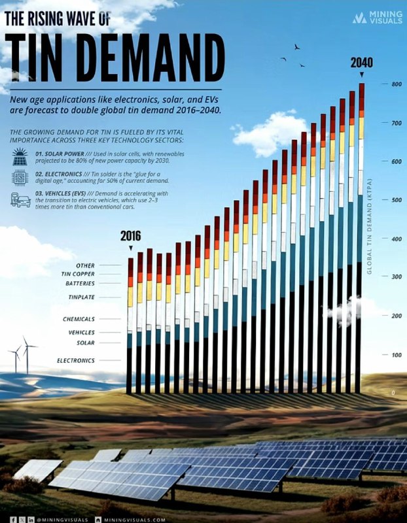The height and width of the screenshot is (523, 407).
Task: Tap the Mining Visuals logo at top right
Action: click(378, 18)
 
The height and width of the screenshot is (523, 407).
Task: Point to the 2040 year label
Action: click(361, 63)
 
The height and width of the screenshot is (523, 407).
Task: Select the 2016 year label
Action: click(130, 237)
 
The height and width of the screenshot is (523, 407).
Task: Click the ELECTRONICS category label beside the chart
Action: click(76, 360)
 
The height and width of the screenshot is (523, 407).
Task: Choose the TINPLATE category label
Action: click(82, 297)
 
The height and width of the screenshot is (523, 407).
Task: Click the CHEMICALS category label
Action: click(79, 319)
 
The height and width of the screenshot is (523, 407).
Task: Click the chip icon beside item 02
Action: click(20, 178)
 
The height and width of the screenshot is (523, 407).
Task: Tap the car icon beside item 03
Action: click(20, 200)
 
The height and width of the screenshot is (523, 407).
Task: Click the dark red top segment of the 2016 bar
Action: click(130, 267)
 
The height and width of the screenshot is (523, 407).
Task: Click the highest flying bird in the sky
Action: click(296, 47)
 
